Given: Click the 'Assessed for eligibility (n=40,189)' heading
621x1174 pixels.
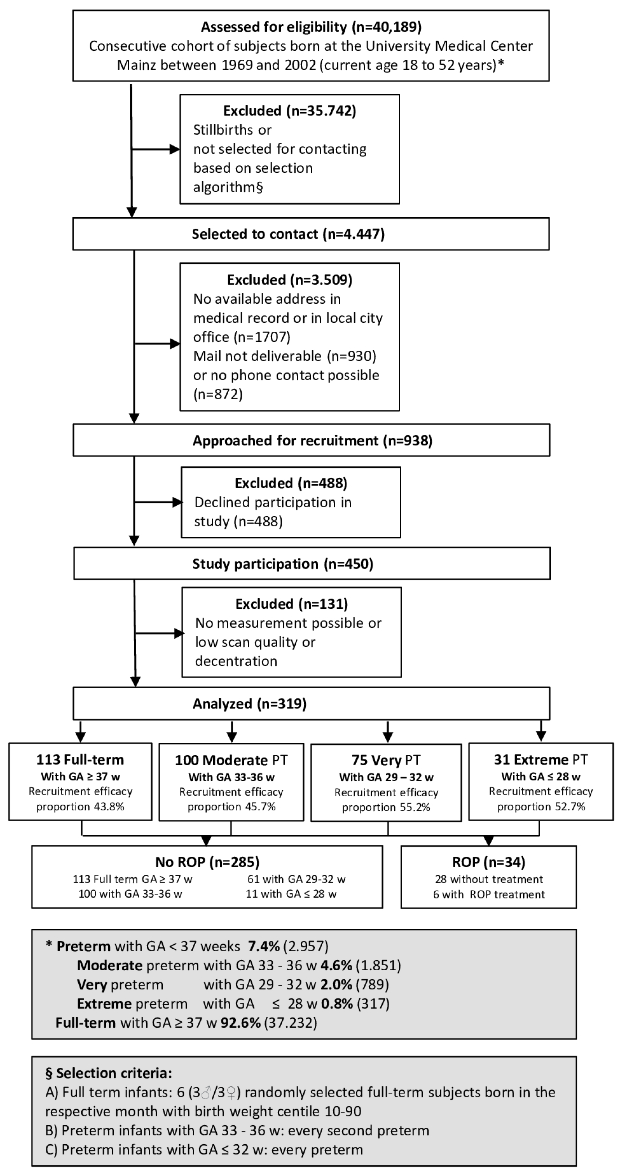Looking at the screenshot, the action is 311,27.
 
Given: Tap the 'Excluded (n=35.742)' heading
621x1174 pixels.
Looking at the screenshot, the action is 290,111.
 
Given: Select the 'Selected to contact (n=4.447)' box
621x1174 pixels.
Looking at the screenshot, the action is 311,234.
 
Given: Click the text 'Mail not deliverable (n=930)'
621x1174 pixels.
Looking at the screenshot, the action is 285,356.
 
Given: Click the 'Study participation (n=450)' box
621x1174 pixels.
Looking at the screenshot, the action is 312,564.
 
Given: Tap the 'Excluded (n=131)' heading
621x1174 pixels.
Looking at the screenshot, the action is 292,604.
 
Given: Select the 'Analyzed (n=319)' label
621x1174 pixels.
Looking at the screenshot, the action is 250,704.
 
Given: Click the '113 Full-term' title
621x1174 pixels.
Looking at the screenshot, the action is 80,760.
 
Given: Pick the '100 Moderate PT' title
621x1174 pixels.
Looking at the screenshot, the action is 232,760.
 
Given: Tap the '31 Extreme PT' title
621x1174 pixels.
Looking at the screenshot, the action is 541,760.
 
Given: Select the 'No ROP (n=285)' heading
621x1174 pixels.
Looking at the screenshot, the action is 207,862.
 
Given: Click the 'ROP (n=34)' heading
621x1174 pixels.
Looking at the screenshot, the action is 489,862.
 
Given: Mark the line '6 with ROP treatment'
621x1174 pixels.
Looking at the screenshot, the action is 489,894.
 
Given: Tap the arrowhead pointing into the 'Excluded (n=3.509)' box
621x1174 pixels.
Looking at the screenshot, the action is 175,344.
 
